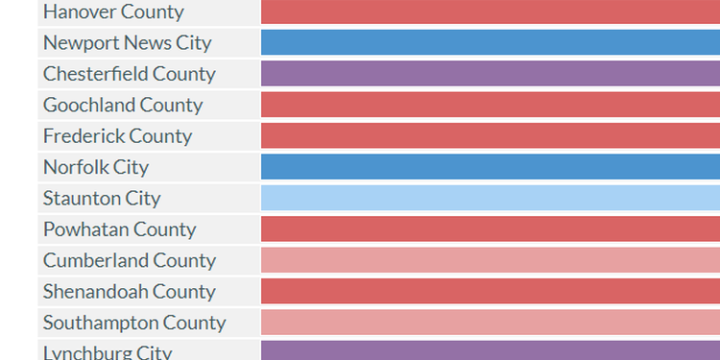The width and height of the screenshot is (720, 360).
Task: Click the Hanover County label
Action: [114, 12]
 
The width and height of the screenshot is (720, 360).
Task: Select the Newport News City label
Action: [128, 43]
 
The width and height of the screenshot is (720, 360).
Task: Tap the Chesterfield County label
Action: [130, 74]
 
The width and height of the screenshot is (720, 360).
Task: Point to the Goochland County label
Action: [123, 105]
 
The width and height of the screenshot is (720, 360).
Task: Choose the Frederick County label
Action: [117, 136]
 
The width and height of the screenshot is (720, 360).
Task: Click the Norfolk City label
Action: [96, 167]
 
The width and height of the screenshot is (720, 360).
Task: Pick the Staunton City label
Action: [102, 199]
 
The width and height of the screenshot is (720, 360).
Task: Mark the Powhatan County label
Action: [119, 229]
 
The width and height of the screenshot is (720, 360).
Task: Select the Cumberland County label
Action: [130, 260]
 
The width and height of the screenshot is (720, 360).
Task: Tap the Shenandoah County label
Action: [130, 292]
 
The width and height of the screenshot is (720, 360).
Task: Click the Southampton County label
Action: [134, 323]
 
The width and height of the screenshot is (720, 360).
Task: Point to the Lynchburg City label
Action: [108, 351]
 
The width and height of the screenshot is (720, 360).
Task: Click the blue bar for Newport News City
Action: [490, 43]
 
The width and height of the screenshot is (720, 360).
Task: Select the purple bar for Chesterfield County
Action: [490, 74]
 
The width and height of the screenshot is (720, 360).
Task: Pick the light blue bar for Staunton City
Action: [490, 199]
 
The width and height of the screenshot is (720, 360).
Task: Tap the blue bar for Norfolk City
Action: [490, 167]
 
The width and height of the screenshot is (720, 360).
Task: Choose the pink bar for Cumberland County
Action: [490, 260]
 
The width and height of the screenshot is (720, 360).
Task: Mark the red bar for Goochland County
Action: [490, 105]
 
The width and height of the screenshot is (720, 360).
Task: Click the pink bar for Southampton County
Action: [490, 323]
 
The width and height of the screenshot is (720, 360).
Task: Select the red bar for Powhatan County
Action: [490, 229]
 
